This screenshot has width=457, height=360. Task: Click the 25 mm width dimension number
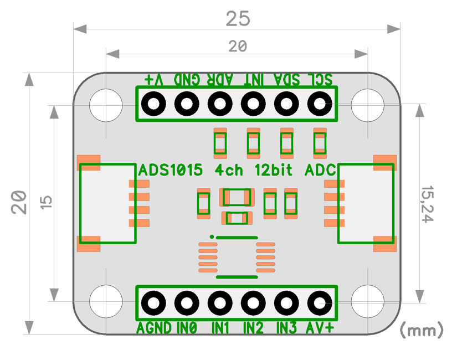[x=238, y=19]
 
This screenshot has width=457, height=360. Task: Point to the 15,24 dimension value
[x=428, y=204]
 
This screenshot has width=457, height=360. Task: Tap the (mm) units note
[x=422, y=330]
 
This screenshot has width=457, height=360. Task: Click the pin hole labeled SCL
[x=320, y=104]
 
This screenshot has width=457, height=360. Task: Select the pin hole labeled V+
[x=153, y=104]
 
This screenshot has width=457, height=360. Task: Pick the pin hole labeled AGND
[x=153, y=303]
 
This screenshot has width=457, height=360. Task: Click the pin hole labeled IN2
[x=253, y=303]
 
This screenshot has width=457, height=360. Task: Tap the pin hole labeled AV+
[x=320, y=303]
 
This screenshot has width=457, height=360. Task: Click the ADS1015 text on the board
[x=171, y=170]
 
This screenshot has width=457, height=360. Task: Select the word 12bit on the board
[x=274, y=170]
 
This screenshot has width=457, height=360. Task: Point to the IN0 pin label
[x=187, y=328]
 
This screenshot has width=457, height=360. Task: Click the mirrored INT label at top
[x=254, y=79]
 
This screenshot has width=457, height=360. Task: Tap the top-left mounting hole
[x=106, y=105]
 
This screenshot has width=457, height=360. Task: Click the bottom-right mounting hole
[x=368, y=301]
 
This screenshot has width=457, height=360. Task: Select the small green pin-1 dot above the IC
[x=212, y=236]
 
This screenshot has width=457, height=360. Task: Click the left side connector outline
[x=80, y=203]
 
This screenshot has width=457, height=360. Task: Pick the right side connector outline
[x=394, y=203]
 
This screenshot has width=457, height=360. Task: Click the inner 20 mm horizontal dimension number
[x=238, y=46]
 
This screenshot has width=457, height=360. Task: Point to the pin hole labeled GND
[x=187, y=104]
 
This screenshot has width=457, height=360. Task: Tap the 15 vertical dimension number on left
[x=46, y=202]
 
